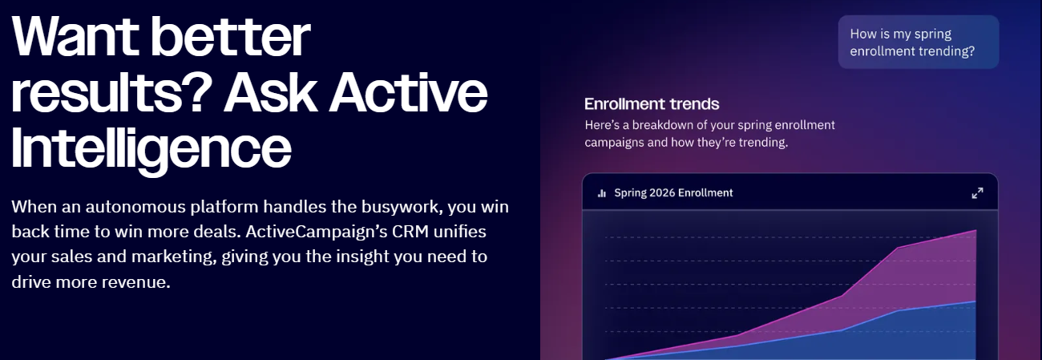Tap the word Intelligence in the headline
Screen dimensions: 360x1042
tap(151, 147)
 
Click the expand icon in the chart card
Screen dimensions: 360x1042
tap(977, 193)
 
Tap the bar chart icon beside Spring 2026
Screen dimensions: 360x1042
tap(601, 193)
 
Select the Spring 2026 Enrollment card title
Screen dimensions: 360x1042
tap(673, 192)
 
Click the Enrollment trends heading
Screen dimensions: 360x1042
tap(652, 104)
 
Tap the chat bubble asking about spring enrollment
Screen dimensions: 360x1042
tap(919, 42)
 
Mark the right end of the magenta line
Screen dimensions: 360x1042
tap(975, 231)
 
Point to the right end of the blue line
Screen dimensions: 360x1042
tap(975, 301)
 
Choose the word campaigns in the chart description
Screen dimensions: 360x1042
tap(615, 143)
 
